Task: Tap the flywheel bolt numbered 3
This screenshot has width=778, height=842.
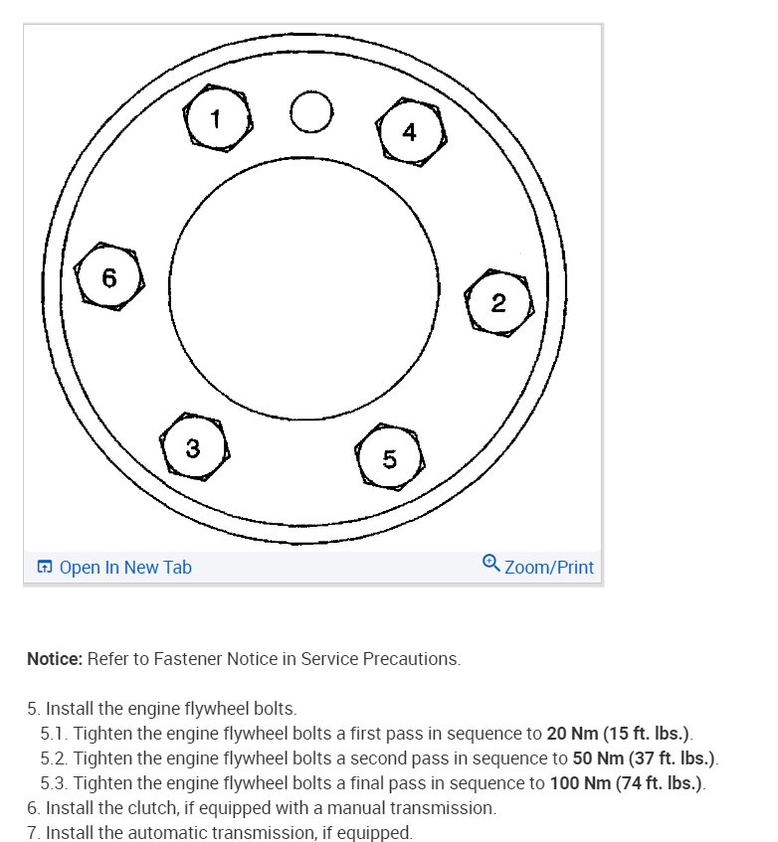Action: coord(194,448)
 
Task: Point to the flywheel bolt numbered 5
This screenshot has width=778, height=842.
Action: coord(390,457)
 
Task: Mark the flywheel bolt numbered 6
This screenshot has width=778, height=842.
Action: coord(109,277)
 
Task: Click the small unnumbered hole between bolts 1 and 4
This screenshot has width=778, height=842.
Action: coord(311,111)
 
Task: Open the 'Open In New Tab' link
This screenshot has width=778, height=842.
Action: coord(125,568)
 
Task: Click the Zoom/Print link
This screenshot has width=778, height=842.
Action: coord(549,568)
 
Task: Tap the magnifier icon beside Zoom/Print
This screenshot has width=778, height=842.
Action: coord(490,564)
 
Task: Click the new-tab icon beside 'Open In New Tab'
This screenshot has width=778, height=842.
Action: coord(44,568)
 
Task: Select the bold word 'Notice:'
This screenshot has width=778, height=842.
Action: coord(55,659)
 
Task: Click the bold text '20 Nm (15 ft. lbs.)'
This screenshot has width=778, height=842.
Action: coord(618,735)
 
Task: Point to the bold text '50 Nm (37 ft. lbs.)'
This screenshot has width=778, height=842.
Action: coord(645,759)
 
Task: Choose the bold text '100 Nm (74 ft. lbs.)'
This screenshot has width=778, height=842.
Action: coord(626,784)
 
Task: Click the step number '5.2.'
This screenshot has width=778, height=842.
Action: coord(55,759)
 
